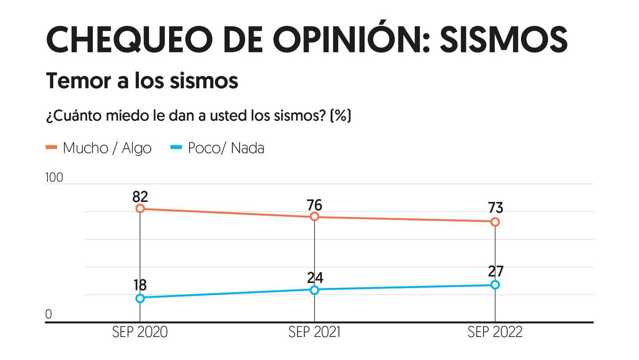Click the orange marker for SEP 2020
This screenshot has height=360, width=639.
(x=140, y=209)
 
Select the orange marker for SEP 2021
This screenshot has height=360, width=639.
(x=315, y=216)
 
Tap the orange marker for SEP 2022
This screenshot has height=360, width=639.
(x=495, y=222)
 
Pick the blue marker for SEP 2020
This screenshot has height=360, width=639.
(x=140, y=298)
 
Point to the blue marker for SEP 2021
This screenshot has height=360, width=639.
(x=315, y=290)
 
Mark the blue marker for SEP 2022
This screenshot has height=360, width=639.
(x=495, y=285)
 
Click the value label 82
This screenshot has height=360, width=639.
(x=140, y=196)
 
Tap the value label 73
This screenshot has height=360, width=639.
(x=495, y=208)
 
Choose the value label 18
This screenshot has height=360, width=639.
(x=140, y=285)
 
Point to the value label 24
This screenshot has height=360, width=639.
(x=315, y=277)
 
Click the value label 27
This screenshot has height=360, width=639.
(x=495, y=271)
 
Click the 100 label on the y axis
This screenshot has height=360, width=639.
(x=54, y=178)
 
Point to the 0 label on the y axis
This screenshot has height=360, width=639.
(x=49, y=314)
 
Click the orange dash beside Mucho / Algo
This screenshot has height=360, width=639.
(x=51, y=148)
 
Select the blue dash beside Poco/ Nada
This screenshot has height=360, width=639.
(x=177, y=148)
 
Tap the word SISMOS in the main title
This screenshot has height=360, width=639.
(x=503, y=40)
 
